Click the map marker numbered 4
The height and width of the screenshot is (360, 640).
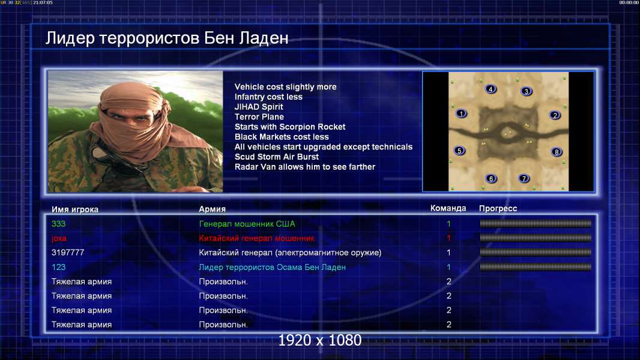coord(491,89)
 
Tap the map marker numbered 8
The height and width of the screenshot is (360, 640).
coord(557,152)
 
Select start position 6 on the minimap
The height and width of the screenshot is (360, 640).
coord(491,178)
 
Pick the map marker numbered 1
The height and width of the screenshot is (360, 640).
coord(461,113)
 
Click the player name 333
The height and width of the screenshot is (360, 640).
coord(58,224)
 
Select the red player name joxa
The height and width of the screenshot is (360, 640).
coord(59,239)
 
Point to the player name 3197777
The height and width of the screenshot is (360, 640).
coord(68,253)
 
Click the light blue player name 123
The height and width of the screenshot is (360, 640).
coord(58,267)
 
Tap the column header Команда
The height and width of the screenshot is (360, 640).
coord(448,208)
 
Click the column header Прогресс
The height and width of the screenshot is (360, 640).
coord(498,209)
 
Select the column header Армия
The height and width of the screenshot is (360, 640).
coord(213,209)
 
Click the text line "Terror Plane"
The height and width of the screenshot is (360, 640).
coord(259,116)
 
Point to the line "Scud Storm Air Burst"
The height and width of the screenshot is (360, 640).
coord(277,157)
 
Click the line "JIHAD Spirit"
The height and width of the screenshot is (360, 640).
coord(259,107)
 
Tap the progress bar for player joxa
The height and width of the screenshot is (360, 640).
coord(536,238)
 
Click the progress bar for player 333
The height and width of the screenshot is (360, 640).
coord(536,223)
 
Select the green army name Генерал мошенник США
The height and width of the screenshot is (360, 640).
coord(247,224)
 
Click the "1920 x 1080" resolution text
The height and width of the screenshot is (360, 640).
coord(320,340)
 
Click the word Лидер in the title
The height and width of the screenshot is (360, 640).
coord(70,38)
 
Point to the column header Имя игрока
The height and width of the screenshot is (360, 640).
coord(74,209)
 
